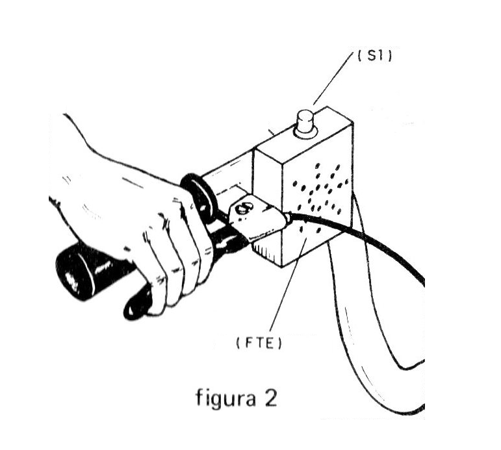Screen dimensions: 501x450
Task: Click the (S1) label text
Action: [x=374, y=56]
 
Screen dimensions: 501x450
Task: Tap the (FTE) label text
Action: [x=259, y=344]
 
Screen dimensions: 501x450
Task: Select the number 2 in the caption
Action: [x=270, y=397]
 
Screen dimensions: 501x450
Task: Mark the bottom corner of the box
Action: [x=282, y=267]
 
